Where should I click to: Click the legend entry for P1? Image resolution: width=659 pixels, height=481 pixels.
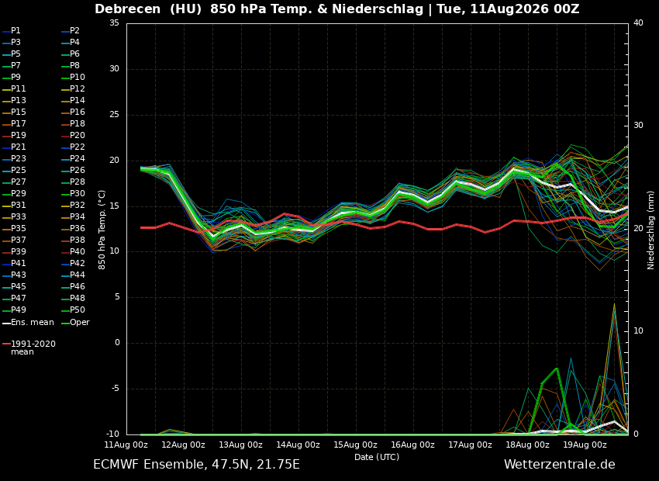(x=12, y=31)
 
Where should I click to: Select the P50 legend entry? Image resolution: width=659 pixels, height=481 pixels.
(x=73, y=310)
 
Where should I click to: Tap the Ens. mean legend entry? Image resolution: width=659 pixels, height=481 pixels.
(x=28, y=323)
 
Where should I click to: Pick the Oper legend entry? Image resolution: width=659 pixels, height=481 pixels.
(x=76, y=323)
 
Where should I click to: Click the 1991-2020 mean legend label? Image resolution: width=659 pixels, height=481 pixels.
(x=29, y=348)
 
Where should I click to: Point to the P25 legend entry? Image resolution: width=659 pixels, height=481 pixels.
(x=14, y=170)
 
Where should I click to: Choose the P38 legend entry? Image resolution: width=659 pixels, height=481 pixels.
(x=73, y=240)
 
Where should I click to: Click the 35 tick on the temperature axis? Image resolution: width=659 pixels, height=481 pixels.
(x=114, y=23)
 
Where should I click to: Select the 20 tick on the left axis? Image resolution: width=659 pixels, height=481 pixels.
(x=114, y=161)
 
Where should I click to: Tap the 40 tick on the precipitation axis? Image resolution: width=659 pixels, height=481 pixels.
(x=638, y=23)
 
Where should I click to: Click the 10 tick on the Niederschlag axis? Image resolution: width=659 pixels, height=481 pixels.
(x=638, y=331)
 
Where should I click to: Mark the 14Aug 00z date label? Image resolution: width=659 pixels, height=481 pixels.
(x=298, y=445)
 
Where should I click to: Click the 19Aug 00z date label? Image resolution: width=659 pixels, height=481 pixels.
(x=585, y=445)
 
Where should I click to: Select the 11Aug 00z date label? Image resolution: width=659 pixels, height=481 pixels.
(x=126, y=445)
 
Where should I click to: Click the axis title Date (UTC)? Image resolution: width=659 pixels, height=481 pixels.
(x=377, y=457)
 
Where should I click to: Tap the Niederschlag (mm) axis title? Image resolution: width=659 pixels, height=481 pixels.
(x=651, y=230)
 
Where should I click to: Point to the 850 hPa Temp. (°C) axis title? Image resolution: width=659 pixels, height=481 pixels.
(x=102, y=230)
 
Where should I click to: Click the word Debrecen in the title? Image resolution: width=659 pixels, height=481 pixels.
(x=127, y=9)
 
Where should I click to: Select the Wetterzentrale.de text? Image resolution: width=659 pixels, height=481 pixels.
(x=560, y=465)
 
